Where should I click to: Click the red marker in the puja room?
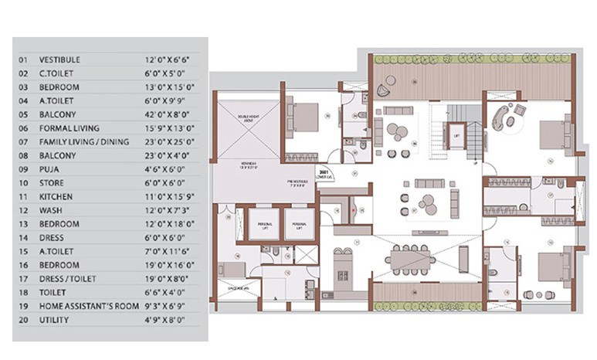click(354, 209)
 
